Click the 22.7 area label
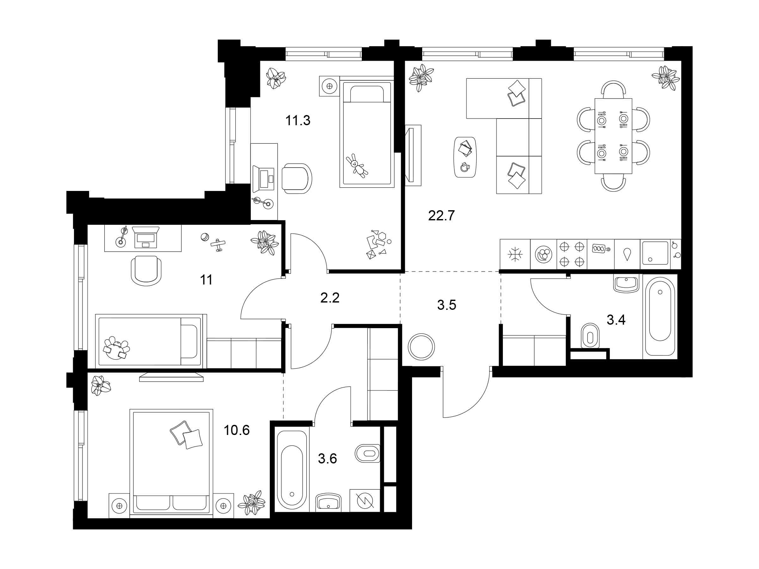tap(441, 216)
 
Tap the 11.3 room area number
tap(298, 120)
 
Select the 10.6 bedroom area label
tap(237, 430)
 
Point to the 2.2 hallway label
tap(330, 298)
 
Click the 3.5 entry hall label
tap(447, 304)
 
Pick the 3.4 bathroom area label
tap(616, 320)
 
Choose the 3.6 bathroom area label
tap(327, 458)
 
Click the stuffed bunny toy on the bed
tap(357, 166)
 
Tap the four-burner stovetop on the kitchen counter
tap(572, 254)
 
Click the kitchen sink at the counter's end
tap(655, 253)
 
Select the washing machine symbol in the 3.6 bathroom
tap(365, 501)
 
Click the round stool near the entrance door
tap(421, 347)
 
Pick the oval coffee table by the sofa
tap(465, 157)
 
